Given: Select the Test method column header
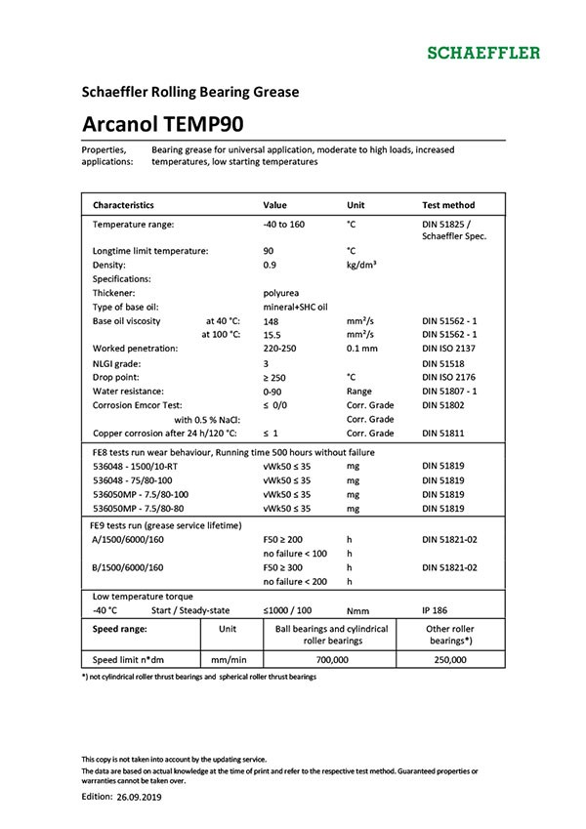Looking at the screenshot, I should [448, 205].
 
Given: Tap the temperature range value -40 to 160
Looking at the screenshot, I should [284, 225].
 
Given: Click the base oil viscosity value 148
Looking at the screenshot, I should [272, 320].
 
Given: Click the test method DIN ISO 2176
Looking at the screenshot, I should [453, 376].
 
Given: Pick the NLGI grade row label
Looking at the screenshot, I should [120, 362].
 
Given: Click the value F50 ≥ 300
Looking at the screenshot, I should [283, 567].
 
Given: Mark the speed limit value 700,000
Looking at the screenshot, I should [332, 660].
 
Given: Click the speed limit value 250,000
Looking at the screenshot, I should [450, 660].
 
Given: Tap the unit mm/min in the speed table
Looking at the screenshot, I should [227, 660].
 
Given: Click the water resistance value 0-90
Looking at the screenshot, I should [273, 391].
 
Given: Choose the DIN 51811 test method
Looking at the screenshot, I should [445, 433].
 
